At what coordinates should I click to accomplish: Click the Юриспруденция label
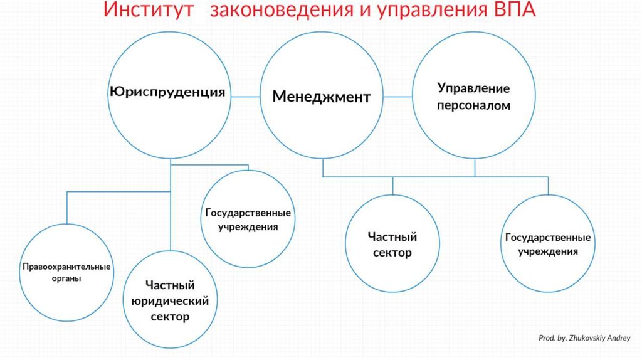coord(167,92)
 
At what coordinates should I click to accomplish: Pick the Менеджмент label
coord(322,97)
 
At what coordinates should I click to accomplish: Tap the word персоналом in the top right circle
coord(474,106)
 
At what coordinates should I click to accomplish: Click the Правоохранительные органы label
coord(66,272)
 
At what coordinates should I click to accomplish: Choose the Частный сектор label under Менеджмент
coord(392,245)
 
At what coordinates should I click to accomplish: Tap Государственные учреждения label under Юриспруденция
coord(248,220)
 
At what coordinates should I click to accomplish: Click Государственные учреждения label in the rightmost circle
coord(547,245)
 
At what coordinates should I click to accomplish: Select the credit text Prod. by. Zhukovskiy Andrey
coord(584,338)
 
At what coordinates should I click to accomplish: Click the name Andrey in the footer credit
coord(618,338)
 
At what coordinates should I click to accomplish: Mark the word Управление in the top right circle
coord(474,88)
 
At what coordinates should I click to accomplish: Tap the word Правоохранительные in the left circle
coord(66,267)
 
